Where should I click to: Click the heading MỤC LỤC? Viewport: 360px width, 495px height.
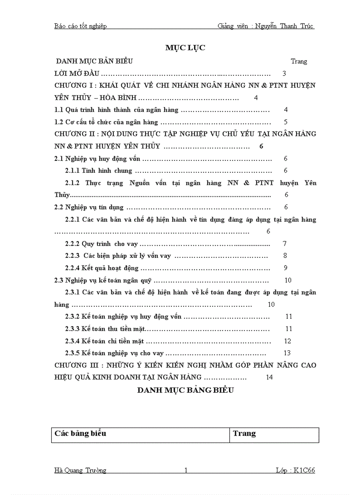tap(185, 48)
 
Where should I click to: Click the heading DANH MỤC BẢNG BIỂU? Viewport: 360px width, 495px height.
tap(185, 390)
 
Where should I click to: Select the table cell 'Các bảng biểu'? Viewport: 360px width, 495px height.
tap(80, 433)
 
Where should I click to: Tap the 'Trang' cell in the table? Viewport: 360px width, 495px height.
tap(244, 433)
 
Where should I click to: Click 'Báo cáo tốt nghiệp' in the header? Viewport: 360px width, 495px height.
tap(80, 26)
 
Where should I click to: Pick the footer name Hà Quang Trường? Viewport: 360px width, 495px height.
tap(80, 470)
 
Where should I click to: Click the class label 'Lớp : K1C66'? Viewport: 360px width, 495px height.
tap(295, 470)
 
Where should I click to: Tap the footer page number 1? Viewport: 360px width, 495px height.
tap(186, 470)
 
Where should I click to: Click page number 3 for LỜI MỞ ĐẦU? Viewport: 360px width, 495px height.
tap(284, 74)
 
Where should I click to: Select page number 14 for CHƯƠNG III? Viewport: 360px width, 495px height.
tap(270, 377)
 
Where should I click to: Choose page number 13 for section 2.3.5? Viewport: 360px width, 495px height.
tap(287, 353)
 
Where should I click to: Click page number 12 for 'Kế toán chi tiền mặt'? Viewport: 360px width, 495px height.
tap(288, 341)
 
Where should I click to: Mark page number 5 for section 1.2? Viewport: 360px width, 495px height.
tap(286, 122)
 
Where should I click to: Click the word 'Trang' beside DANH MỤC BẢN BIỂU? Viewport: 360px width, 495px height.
tap(299, 61)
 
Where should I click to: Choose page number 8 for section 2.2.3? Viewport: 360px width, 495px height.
tap(285, 255)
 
